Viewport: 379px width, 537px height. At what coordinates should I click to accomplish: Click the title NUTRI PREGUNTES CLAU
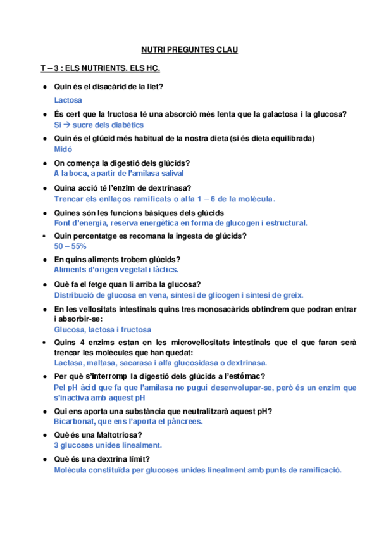tap(189, 48)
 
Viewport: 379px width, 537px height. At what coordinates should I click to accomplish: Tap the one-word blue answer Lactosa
tap(68, 99)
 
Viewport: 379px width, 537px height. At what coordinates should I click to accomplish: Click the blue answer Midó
tap(63, 149)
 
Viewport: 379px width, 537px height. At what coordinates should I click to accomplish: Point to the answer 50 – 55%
tap(70, 246)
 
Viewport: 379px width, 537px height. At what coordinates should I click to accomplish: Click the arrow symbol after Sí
tap(65, 125)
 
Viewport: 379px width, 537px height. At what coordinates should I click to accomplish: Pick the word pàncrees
tap(185, 421)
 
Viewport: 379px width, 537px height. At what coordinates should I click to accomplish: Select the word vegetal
tap(130, 269)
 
